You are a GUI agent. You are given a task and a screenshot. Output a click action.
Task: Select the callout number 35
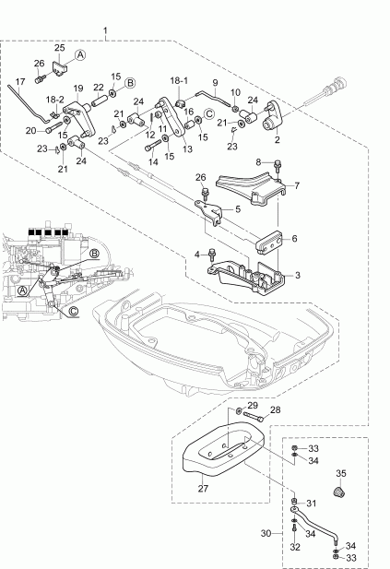pos(339,473)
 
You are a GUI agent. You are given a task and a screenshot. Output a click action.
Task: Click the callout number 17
pos(20,82)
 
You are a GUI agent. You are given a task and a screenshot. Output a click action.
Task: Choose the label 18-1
pos(179,80)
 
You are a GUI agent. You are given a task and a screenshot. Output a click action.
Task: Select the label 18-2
pos(55,98)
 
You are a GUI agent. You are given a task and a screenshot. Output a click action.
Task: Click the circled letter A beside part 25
pos(79,55)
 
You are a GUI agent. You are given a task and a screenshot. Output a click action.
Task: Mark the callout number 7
pos(296,185)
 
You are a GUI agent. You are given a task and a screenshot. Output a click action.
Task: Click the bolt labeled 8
pos(277,167)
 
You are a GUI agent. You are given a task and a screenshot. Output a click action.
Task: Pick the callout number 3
pos(296,275)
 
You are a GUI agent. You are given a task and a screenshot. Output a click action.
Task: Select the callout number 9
pos(214,82)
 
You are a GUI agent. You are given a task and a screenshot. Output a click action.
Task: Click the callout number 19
pos(78,89)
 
